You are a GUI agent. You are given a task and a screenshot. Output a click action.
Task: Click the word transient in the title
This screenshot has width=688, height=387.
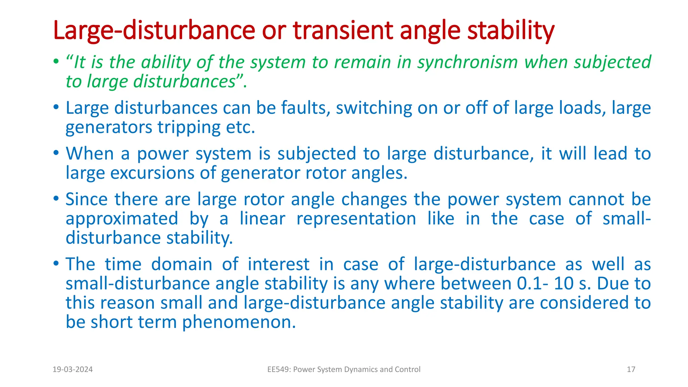pos(343,30)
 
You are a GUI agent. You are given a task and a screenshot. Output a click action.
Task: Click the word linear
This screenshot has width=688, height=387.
pos(262,219)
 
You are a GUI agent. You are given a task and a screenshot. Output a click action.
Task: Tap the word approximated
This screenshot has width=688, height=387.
pos(122,219)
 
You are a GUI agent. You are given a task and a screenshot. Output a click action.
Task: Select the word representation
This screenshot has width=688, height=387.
pos(356,219)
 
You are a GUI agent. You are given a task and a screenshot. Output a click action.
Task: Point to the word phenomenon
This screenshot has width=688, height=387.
pos(239,322)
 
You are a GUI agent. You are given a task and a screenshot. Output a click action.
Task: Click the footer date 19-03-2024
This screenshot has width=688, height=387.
pos(73,370)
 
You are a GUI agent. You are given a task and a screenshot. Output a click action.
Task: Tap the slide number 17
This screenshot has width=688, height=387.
pos(631,370)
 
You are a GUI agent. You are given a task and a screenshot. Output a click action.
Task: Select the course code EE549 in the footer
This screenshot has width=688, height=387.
pos(278,370)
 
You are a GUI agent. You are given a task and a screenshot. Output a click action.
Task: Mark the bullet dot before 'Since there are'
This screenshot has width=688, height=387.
pos(56,199)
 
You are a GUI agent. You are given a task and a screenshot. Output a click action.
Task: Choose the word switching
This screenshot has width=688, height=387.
pos(374,108)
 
